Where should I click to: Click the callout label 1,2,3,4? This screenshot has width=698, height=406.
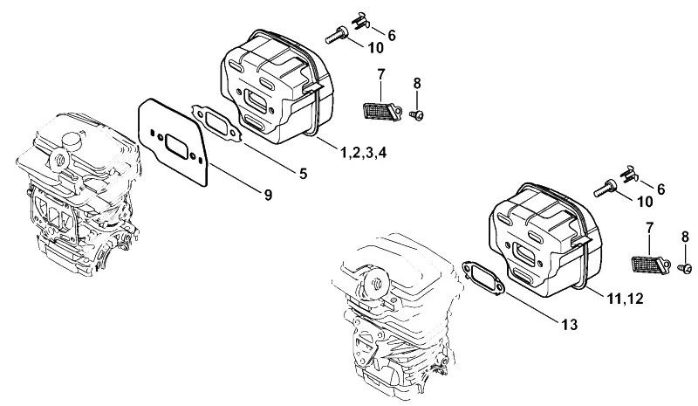coord(363,153)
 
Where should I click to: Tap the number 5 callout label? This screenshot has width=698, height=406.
coord(303,174)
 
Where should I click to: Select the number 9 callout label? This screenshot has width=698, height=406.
coord(268,195)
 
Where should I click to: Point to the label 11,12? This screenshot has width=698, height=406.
coord(625,299)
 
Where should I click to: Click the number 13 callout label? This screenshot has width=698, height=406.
coord(570,325)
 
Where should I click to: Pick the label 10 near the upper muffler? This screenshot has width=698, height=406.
coord(376,48)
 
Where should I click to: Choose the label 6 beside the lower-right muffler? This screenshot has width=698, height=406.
coord(660,189)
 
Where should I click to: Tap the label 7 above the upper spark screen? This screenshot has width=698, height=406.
coord(380,74)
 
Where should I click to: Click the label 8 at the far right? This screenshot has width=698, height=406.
coord(685,237)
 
